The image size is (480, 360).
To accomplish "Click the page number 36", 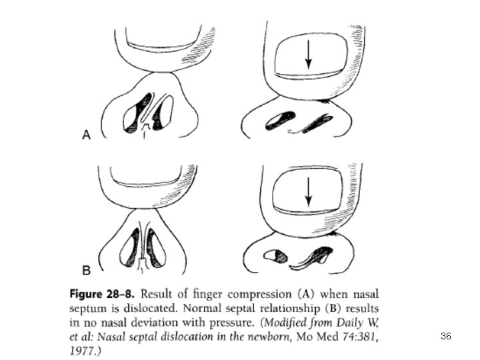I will [446, 337].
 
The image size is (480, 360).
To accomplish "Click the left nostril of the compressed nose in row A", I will [276, 120].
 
